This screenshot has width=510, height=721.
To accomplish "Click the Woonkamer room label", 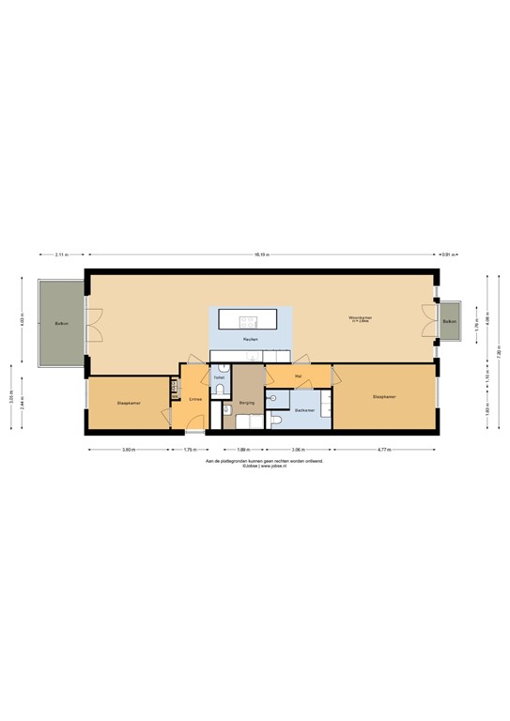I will coord(360,317).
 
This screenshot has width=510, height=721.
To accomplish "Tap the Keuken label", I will coord(250,338).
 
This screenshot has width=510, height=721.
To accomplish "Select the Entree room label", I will coord(195,400).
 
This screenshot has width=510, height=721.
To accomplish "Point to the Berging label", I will coord(247,402).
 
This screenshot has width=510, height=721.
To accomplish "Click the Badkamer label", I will coord(303,410).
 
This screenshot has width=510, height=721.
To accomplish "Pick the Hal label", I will coord(298,376).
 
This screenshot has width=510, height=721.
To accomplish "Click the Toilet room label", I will coord(219,377).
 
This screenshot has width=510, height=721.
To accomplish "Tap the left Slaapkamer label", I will coord(129,403).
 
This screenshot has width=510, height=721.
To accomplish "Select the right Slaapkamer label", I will coord(383,397).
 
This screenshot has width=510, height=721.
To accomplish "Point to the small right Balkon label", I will coord(449,321).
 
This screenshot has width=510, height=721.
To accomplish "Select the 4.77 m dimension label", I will coord(383,450).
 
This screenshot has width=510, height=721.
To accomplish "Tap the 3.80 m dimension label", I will coord(129,450).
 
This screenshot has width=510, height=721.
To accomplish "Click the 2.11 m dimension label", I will coord(61,254).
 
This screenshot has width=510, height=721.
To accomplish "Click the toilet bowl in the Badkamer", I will coord(282,421).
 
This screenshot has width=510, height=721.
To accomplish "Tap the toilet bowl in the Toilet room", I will coord(218,392).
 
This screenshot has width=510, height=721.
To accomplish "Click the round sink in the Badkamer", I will coord(272,398).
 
